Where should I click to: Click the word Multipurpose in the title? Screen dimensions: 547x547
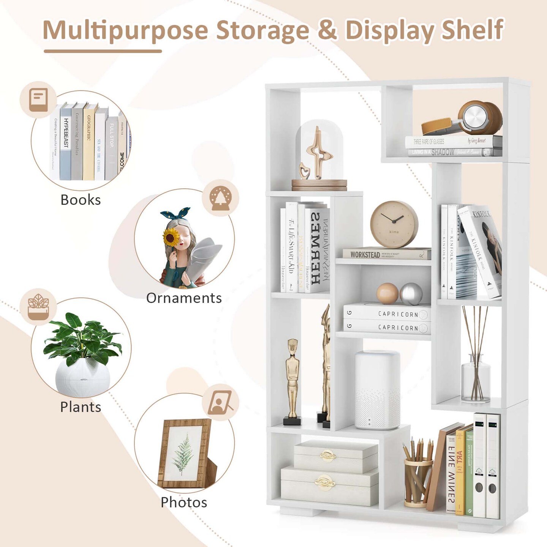(125, 30)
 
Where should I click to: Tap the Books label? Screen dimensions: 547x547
(81, 200)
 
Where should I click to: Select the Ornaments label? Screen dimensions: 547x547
(184, 298)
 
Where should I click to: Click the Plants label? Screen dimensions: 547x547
(81, 407)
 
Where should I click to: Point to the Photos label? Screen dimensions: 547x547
(184, 502)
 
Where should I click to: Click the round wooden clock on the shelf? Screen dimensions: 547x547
(394, 224)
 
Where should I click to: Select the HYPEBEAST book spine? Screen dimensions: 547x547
(66, 141)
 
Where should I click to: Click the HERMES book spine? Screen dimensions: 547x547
(316, 249)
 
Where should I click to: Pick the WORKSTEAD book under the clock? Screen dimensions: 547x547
(386, 254)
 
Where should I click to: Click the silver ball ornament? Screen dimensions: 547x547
(411, 294)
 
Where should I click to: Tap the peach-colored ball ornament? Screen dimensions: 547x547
(387, 293)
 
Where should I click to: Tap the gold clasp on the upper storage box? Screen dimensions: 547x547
(327, 455)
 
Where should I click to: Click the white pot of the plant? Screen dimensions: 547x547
(82, 378)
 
